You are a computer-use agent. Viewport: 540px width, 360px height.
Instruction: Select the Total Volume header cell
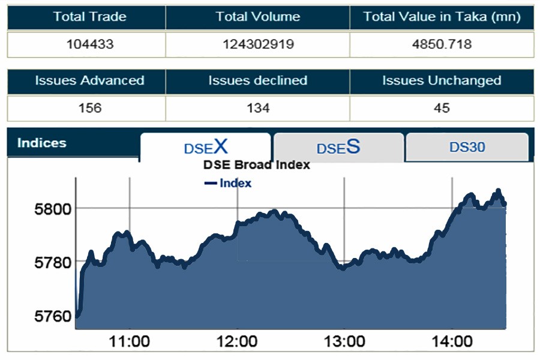click(x=257, y=17)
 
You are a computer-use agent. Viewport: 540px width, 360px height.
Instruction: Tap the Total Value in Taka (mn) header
click(x=442, y=17)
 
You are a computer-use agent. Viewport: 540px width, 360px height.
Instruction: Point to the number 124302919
click(x=257, y=44)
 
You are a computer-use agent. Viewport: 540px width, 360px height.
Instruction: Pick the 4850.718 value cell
click(x=442, y=44)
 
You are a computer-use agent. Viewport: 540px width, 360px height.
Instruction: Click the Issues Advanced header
click(x=89, y=80)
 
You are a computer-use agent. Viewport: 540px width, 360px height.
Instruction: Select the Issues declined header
click(x=257, y=80)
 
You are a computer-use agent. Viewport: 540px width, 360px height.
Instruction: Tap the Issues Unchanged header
click(x=442, y=80)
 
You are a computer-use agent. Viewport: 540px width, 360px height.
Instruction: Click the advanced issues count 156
click(x=89, y=108)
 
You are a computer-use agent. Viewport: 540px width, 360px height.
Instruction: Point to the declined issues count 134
click(x=257, y=108)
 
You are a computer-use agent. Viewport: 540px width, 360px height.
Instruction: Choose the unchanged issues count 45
click(x=442, y=108)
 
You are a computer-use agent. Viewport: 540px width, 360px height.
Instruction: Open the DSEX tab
click(x=205, y=147)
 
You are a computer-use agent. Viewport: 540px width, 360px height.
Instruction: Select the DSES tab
click(x=338, y=148)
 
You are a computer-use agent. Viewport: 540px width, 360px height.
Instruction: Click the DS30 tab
click(x=467, y=147)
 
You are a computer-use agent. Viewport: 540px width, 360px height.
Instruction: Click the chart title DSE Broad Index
click(x=256, y=164)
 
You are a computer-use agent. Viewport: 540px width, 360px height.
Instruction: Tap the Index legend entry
click(x=229, y=183)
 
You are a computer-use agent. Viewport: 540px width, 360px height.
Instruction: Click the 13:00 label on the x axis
click(x=344, y=342)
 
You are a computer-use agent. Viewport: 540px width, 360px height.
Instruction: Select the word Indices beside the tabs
click(x=41, y=143)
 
